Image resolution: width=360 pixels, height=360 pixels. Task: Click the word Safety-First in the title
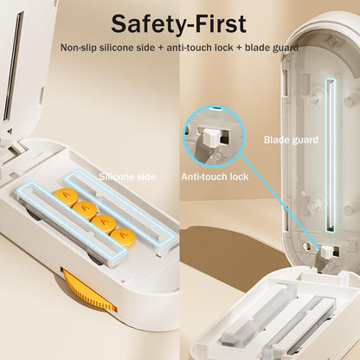[x=179, y=23]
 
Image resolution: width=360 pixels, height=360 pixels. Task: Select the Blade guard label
[x=291, y=139]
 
